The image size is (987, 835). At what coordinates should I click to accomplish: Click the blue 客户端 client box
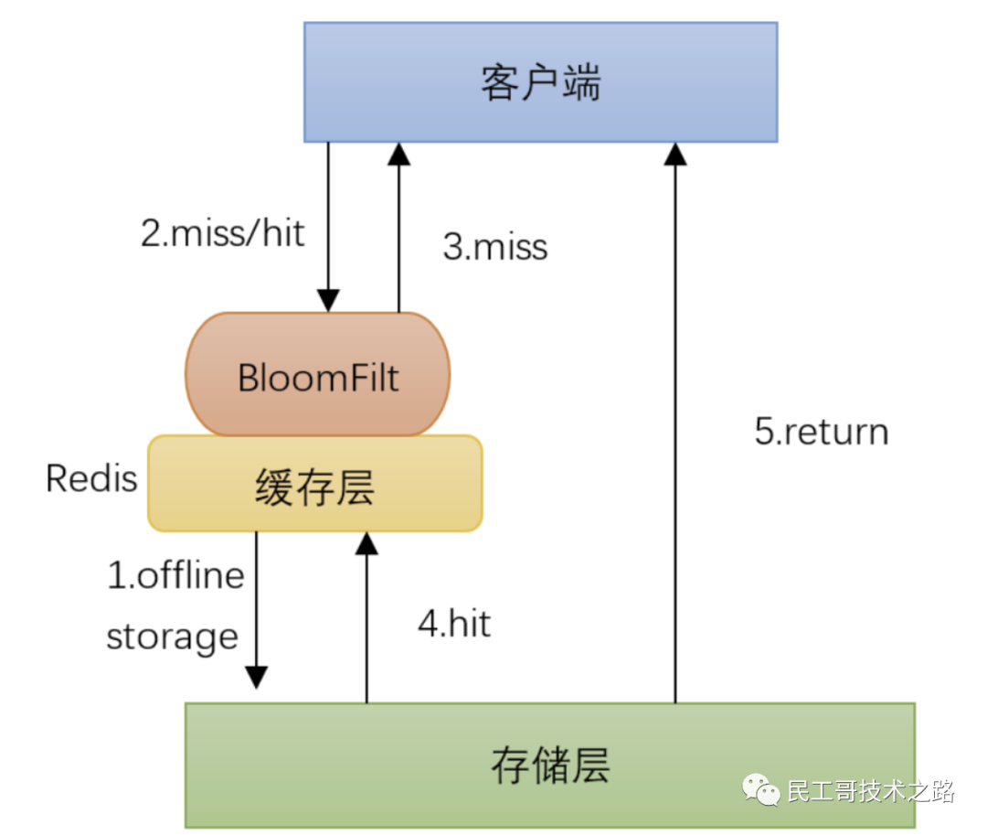(x=540, y=82)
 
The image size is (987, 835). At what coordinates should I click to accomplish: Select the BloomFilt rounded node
(x=318, y=374)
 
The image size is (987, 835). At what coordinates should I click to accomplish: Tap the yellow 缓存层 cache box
(x=314, y=485)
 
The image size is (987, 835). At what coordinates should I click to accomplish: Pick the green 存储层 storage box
(x=549, y=765)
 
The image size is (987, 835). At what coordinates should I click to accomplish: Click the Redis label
(x=91, y=478)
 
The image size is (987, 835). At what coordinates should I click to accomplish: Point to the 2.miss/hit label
(x=222, y=233)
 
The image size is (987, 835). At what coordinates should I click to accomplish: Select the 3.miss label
(x=495, y=247)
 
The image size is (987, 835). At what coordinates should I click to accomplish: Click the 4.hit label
(x=454, y=624)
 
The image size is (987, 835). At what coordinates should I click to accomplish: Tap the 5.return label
(x=821, y=432)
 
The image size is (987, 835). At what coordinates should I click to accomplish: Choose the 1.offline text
(x=176, y=575)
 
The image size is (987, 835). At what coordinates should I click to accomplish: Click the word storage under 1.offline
(x=172, y=636)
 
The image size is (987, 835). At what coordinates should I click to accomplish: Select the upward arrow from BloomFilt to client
(x=398, y=229)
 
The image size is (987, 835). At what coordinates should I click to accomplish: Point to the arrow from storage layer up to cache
(x=366, y=622)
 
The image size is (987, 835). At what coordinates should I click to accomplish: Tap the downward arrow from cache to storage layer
(x=257, y=604)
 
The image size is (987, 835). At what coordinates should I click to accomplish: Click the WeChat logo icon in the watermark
(x=760, y=788)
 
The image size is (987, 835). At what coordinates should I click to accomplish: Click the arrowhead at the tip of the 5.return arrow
(x=675, y=153)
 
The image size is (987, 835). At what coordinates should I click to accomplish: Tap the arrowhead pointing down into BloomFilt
(x=328, y=301)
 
